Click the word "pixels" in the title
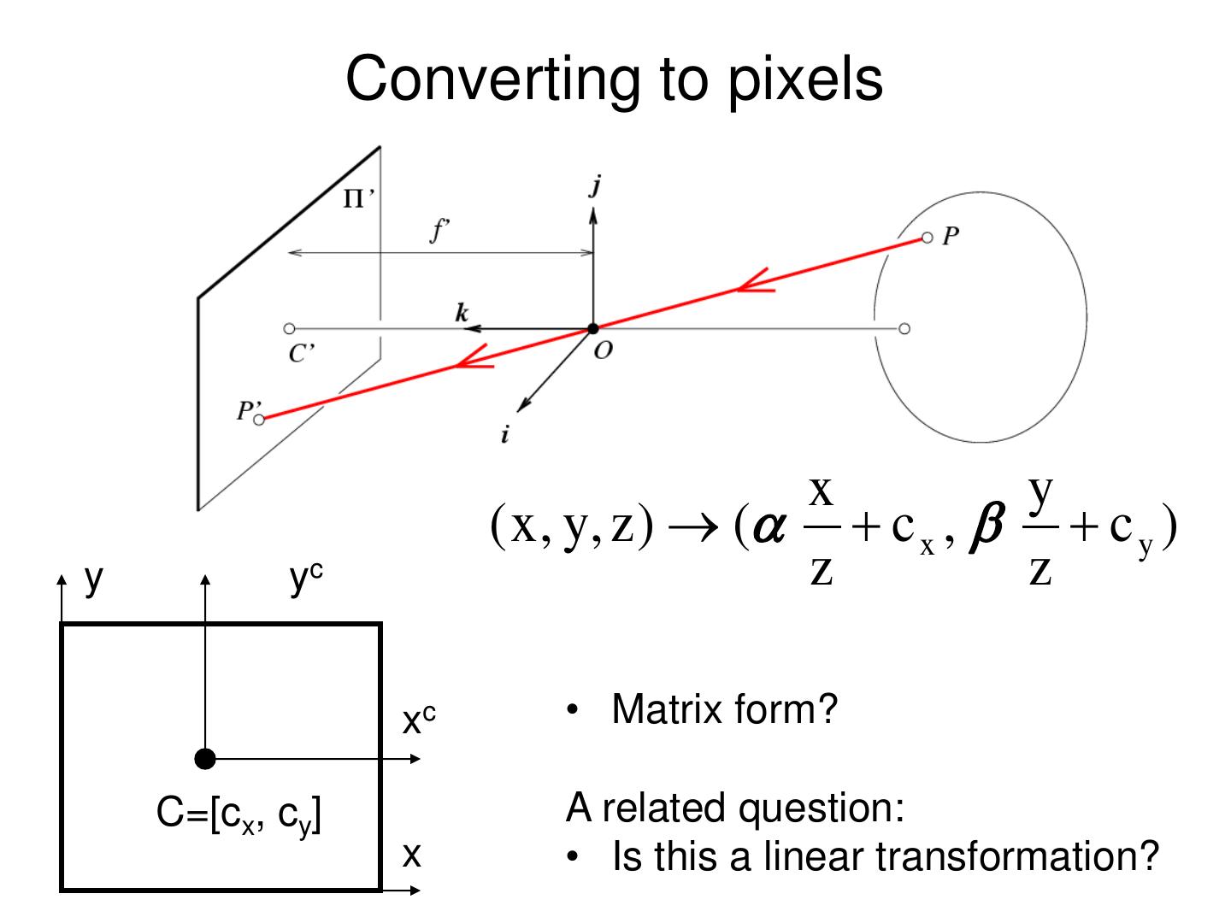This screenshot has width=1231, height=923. [804, 79]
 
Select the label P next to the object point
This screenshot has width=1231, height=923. [951, 237]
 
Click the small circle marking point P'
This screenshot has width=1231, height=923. [259, 419]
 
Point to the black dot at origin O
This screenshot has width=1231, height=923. [593, 329]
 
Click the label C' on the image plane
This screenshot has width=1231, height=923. [298, 353]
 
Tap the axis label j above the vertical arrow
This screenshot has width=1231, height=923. [595, 185]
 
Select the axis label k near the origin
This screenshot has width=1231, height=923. [462, 313]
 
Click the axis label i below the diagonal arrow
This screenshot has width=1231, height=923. [504, 435]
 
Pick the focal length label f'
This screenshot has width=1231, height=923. [439, 230]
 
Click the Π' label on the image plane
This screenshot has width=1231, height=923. [357, 199]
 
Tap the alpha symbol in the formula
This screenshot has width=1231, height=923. [769, 527]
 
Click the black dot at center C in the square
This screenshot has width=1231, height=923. [205, 758]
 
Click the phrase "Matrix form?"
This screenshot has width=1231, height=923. [724, 709]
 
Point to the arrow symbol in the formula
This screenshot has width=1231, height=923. [693, 527]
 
